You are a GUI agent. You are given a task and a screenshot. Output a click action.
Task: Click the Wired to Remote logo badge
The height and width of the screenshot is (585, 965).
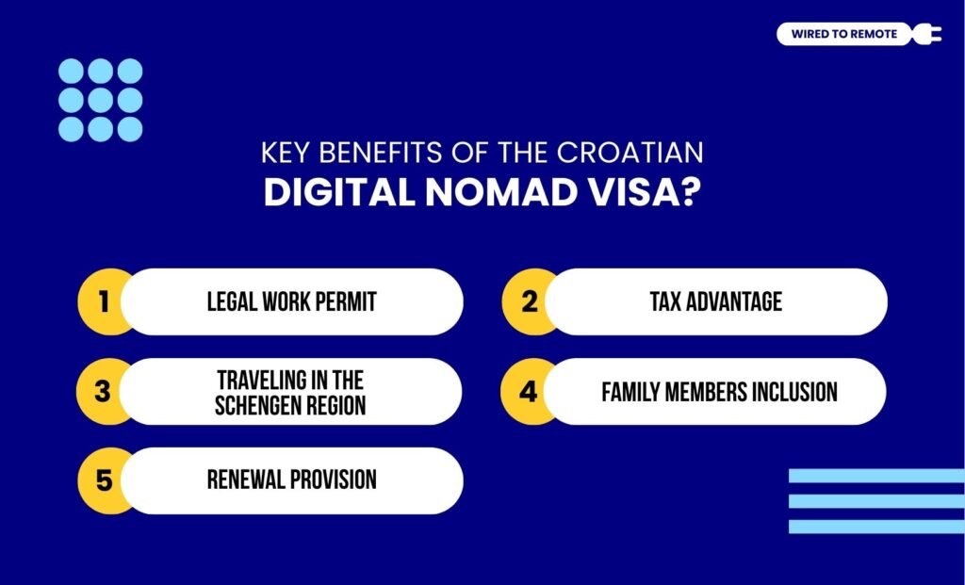tap(843, 35)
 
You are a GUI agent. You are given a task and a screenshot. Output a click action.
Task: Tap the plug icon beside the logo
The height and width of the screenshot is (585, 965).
tap(927, 35)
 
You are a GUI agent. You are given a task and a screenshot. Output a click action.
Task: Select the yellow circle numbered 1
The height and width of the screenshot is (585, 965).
tap(104, 301)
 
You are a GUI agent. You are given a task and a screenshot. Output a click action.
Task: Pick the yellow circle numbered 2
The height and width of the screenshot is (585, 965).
tap(529, 301)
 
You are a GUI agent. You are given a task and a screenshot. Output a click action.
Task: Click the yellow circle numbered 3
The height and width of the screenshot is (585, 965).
tap(104, 391)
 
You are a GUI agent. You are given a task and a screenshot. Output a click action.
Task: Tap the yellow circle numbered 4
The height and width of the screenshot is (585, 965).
tap(529, 391)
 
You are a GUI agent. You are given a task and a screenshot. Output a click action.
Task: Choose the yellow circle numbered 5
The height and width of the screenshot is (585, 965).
tap(104, 480)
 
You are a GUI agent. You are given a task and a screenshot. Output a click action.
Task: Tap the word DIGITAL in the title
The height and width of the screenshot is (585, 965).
tap(330, 191)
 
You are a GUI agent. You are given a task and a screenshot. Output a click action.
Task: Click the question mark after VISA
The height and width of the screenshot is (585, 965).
tap(691, 191)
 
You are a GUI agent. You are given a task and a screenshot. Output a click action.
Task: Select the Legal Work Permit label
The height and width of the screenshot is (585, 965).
tap(291, 301)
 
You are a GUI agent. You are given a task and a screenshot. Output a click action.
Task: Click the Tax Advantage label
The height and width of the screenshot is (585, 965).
tap(716, 301)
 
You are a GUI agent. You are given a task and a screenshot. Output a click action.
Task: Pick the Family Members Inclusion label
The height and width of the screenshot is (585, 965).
tap(719, 391)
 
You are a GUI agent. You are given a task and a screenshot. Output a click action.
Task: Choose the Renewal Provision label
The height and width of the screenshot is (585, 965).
tap(291, 480)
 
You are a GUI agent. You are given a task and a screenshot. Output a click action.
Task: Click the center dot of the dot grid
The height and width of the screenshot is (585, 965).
tap(101, 100)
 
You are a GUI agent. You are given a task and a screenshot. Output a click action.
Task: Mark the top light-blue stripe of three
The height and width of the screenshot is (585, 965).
tap(876, 476)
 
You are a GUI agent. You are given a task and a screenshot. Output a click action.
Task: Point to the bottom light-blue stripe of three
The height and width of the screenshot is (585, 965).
tap(876, 527)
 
